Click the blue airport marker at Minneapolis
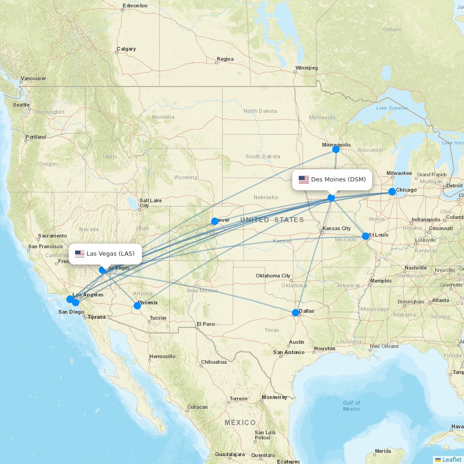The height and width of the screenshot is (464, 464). [x=336, y=149]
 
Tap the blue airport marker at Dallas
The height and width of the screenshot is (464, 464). [x=296, y=313]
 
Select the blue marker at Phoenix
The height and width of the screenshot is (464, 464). [x=137, y=306]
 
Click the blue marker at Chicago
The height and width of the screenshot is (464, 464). [x=392, y=192]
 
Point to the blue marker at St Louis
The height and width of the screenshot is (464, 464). [x=366, y=236]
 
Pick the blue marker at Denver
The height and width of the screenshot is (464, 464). [x=215, y=221]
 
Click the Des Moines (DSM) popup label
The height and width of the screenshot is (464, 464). [x=332, y=180]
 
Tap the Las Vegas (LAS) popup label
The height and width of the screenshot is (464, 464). [x=105, y=254]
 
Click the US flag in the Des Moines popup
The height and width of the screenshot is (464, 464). [x=304, y=180]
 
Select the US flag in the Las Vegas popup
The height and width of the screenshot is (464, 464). [x=80, y=254]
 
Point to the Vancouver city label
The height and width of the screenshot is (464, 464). [x=33, y=78]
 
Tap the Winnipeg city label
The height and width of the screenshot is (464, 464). [x=306, y=68]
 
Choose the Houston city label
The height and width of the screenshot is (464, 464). [x=324, y=348]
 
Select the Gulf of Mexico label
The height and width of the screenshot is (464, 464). [x=351, y=406]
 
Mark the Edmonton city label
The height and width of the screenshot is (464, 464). [x=135, y=6]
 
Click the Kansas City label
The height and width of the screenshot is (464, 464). [x=337, y=228]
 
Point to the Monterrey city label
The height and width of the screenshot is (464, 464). [x=274, y=397]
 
